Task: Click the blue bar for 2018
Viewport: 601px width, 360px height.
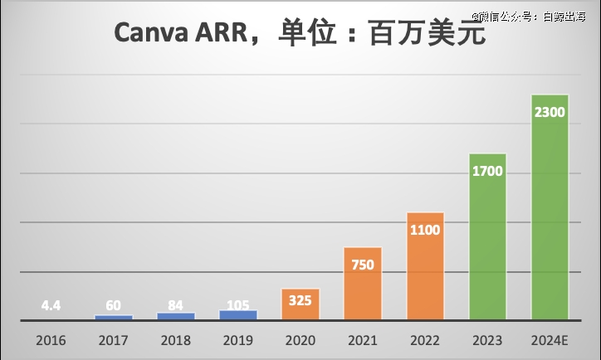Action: click(176, 316)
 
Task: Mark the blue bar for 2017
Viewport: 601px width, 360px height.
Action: click(114, 317)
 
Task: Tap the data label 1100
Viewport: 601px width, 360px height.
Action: click(425, 231)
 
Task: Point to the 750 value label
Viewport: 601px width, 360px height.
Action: click(363, 265)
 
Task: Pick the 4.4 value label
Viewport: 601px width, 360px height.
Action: click(51, 305)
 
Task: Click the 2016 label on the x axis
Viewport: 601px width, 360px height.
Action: click(51, 340)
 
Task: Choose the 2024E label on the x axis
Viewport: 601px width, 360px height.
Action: click(550, 340)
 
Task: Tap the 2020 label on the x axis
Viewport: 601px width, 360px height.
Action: click(300, 340)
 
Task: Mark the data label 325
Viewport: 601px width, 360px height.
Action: click(300, 300)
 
